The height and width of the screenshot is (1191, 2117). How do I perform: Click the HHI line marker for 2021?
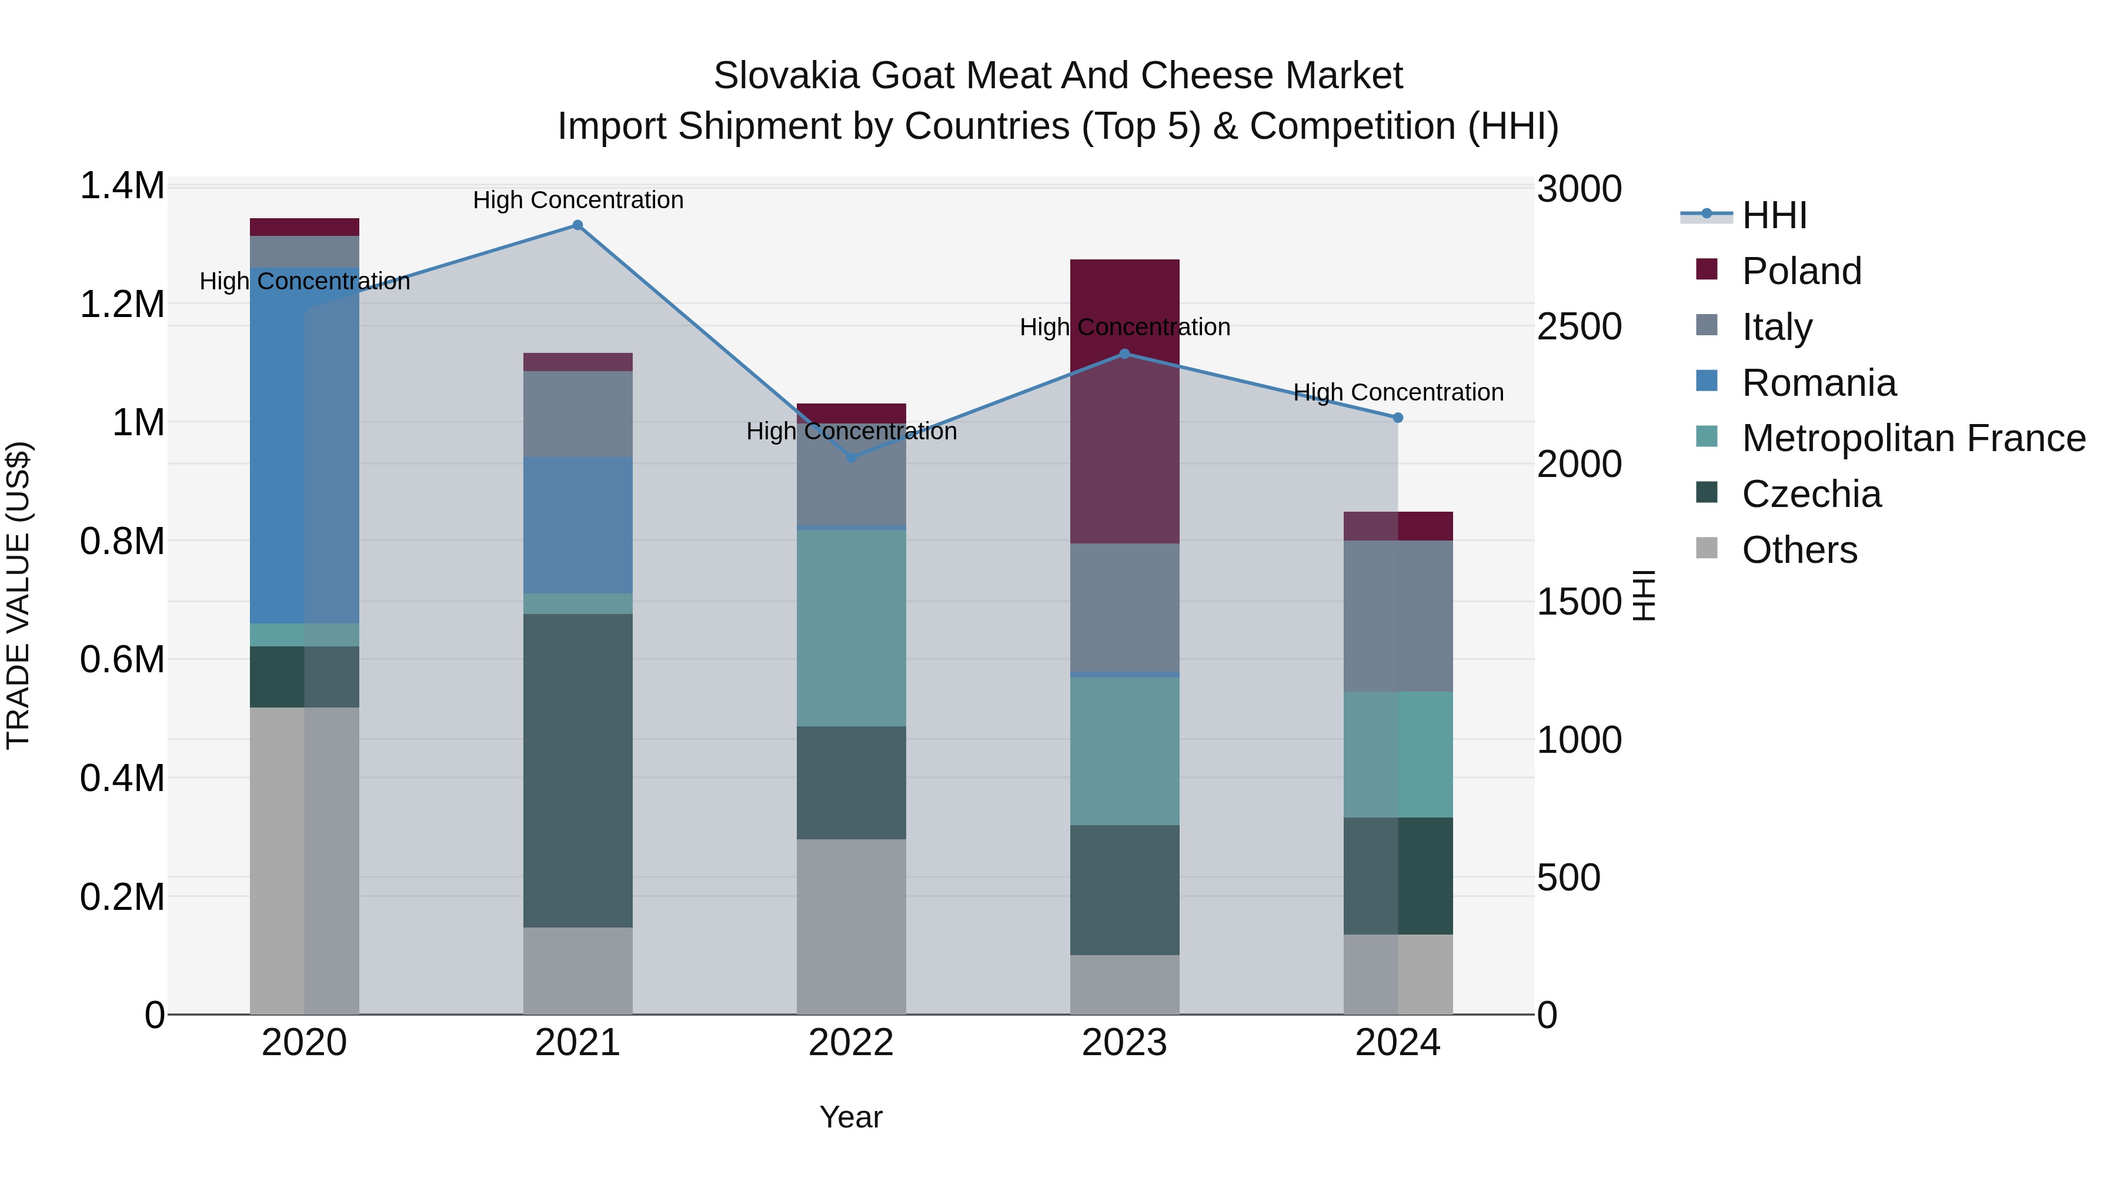[x=577, y=225]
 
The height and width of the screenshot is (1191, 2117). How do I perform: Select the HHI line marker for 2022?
[x=852, y=458]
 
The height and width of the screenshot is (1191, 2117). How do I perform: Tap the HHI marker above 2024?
[x=1398, y=418]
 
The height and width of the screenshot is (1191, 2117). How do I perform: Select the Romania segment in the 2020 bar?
[x=304, y=445]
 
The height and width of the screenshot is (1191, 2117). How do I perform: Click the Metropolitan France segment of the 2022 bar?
[x=852, y=628]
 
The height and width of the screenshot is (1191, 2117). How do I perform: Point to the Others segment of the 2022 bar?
[x=852, y=926]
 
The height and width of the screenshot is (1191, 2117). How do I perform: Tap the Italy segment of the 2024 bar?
[x=1398, y=616]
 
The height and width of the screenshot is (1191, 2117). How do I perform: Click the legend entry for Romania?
[x=1819, y=383]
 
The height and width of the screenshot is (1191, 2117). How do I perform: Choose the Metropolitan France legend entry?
[x=1913, y=439]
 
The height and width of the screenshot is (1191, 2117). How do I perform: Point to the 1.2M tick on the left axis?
[x=122, y=305]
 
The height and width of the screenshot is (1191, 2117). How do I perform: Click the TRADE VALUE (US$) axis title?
[x=18, y=595]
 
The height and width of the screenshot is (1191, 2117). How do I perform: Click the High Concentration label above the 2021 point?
[x=577, y=200]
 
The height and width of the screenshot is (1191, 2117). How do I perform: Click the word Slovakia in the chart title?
[x=786, y=76]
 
